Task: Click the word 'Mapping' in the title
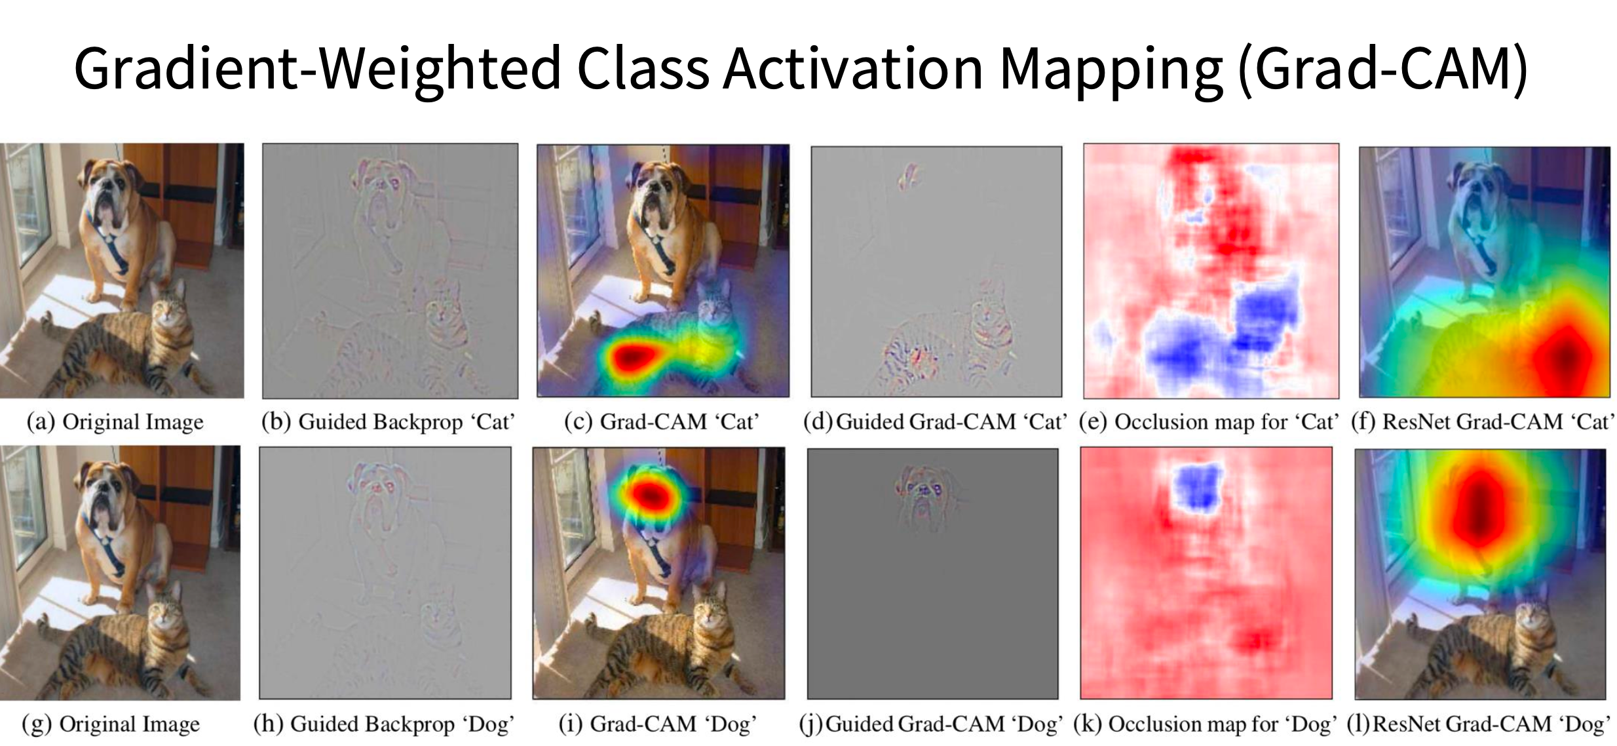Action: (1110, 68)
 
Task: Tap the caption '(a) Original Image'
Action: (115, 422)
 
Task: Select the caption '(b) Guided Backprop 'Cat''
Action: (388, 422)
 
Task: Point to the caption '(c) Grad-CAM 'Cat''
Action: (661, 422)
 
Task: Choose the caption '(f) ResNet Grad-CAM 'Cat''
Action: (1482, 422)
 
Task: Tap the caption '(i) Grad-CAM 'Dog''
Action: (657, 724)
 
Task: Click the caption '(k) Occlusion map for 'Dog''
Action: (1204, 724)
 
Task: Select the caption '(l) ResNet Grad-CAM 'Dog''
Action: (1478, 724)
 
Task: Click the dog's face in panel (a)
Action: (108, 197)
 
